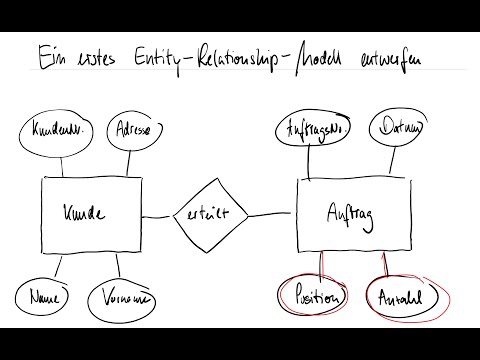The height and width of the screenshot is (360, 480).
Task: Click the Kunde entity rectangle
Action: [84, 213]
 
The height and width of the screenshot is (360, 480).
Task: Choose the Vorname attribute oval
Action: [119, 298]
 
